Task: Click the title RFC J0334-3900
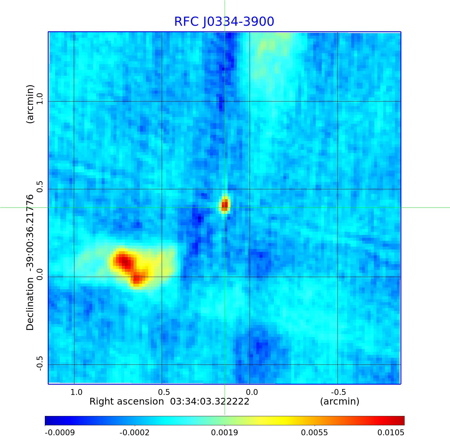click(x=224, y=22)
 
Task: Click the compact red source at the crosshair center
click(x=225, y=205)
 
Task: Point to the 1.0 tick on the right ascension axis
click(x=76, y=392)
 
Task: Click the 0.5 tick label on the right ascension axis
click(x=164, y=392)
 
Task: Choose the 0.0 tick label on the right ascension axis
click(x=252, y=392)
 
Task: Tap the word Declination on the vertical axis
click(x=30, y=304)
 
